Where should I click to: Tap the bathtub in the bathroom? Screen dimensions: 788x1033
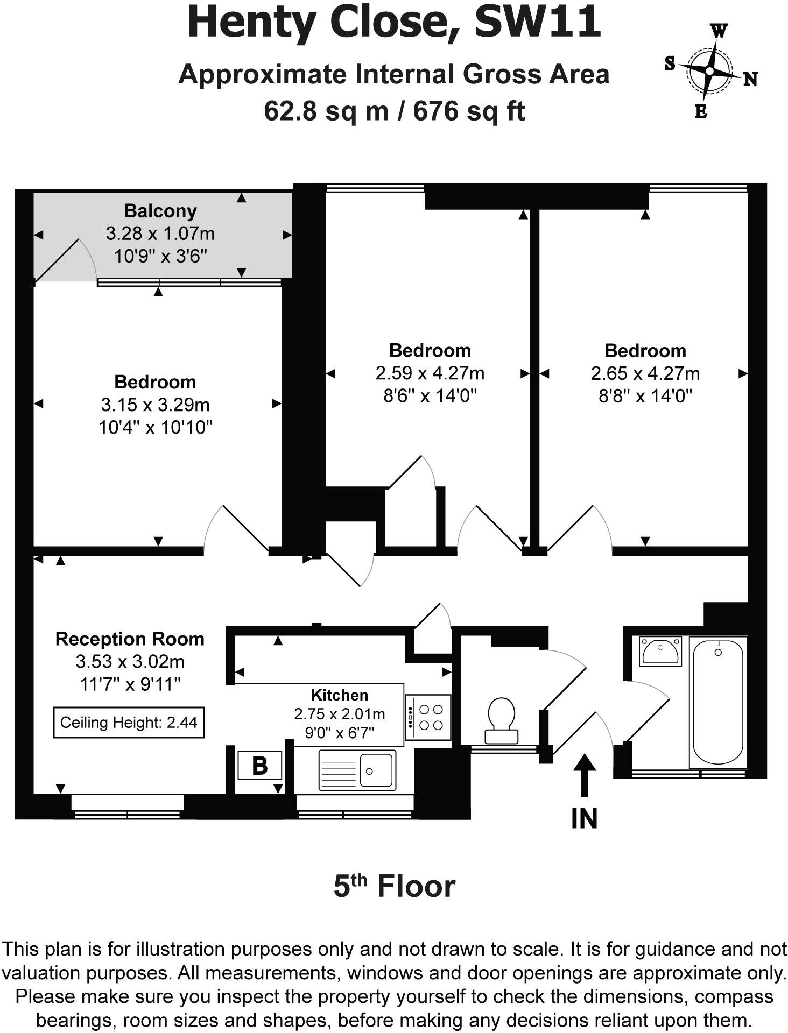pos(718,703)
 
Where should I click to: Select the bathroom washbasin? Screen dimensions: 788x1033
pos(660,651)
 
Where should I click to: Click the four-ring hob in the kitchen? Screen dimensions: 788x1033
pos(427,717)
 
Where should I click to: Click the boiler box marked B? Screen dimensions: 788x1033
pos(260,765)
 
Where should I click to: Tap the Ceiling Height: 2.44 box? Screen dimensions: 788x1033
pos(129,722)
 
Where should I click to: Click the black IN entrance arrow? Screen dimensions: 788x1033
pos(584,775)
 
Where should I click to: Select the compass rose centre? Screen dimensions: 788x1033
pos(709,71)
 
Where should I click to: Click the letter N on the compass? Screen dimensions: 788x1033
pos(750,80)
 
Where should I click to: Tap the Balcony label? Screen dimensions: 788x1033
pos(160,211)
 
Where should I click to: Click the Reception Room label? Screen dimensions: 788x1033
pos(130,639)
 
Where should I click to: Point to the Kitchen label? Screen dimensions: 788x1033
pos(340,695)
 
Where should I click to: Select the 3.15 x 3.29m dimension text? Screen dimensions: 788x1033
pos(155,405)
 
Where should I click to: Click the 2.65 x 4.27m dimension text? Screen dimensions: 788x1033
pos(645,373)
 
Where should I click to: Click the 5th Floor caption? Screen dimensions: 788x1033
pos(394,886)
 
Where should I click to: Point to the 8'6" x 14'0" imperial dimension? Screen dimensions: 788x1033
pos(430,396)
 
